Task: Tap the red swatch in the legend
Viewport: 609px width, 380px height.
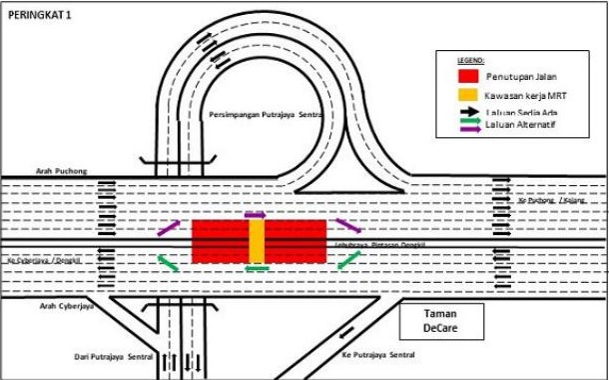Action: (x=467, y=76)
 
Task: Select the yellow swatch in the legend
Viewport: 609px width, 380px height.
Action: (x=467, y=95)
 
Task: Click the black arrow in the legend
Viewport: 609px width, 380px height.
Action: (x=467, y=113)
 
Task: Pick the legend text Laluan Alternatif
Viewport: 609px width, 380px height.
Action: (x=518, y=128)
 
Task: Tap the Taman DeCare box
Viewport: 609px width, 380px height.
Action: (x=439, y=320)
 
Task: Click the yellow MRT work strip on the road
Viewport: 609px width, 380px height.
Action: (x=257, y=242)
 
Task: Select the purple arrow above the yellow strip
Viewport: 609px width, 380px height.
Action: (x=256, y=214)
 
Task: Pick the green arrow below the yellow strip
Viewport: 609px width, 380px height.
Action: (x=257, y=267)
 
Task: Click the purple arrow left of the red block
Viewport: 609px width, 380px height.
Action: (x=169, y=229)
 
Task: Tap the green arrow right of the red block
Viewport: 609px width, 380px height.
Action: (x=347, y=259)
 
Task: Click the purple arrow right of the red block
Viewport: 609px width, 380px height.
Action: (x=347, y=226)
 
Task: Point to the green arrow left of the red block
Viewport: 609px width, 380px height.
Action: (x=168, y=263)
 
